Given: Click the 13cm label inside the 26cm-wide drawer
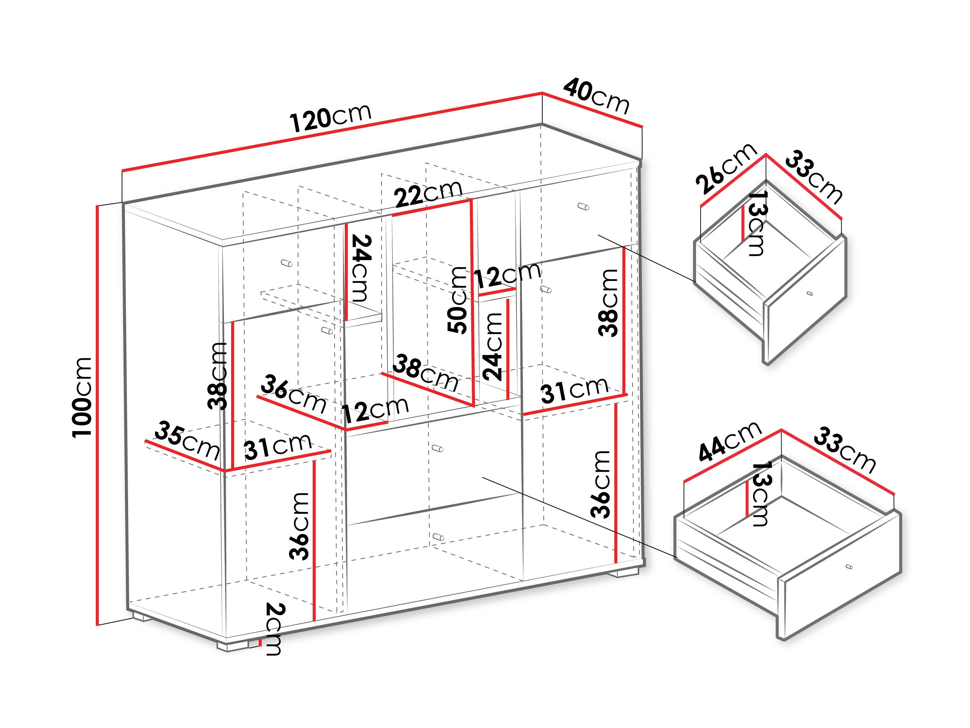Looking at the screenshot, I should [x=756, y=223].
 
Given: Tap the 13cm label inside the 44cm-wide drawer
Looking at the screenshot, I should [x=760, y=494].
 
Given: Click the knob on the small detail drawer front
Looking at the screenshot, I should [x=809, y=293].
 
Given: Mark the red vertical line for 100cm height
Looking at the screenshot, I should [x=97, y=415].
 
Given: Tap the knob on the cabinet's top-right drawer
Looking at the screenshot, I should [x=583, y=207].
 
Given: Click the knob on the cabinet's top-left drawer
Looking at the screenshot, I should [x=287, y=263].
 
